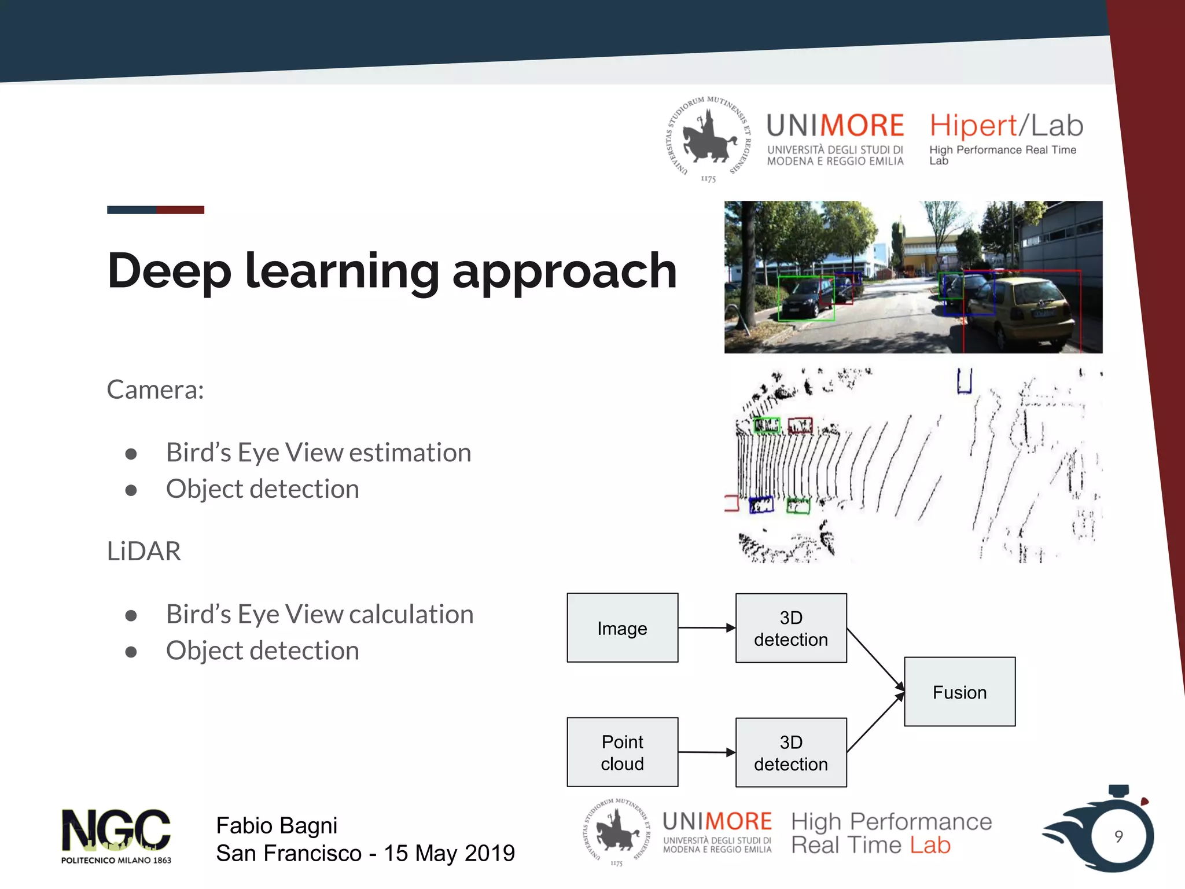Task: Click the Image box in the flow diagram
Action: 622,628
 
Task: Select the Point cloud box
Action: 622,752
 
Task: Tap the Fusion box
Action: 959,692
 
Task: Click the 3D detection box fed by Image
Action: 791,628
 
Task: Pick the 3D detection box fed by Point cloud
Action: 791,752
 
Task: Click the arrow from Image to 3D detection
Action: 706,627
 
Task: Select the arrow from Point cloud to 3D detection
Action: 706,752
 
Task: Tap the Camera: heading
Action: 155,390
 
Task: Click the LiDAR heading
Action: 144,551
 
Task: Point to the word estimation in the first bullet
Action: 410,453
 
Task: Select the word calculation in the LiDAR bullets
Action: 411,614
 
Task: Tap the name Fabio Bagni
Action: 277,825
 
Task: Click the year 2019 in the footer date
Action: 490,853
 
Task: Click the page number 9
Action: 1118,836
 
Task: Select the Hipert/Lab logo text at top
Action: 1006,126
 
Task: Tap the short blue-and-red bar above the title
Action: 155,210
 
